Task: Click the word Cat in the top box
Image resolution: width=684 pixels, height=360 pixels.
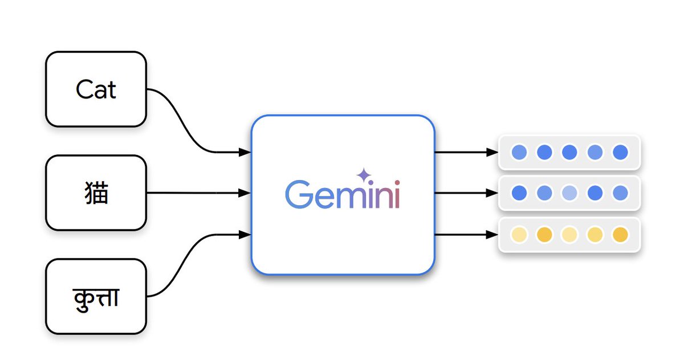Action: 96,89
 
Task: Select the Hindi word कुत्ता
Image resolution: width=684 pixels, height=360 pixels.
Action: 96,297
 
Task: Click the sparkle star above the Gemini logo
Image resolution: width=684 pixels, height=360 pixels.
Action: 363,175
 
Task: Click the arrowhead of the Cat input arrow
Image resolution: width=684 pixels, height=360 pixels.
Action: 245,152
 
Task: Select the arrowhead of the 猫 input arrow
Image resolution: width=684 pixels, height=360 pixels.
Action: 245,193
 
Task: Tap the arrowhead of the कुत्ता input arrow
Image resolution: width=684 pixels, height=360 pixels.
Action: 245,234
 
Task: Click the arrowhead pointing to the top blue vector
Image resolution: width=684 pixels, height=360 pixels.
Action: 492,152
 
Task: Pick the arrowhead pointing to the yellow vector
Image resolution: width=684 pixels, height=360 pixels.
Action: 492,234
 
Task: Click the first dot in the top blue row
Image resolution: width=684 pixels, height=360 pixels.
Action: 519,152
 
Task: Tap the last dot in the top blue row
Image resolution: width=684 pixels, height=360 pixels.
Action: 620,152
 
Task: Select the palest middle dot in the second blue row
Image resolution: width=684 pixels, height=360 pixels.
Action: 569,193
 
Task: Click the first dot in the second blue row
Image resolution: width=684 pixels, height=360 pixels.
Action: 519,193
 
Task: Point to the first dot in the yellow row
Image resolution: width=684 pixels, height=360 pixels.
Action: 519,234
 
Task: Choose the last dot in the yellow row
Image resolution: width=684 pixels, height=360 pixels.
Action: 620,234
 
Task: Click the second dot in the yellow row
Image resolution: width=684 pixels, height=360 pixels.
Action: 544,234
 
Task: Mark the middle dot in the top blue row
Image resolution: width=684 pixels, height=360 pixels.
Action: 569,152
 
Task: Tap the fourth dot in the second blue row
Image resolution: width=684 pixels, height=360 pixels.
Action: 595,193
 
